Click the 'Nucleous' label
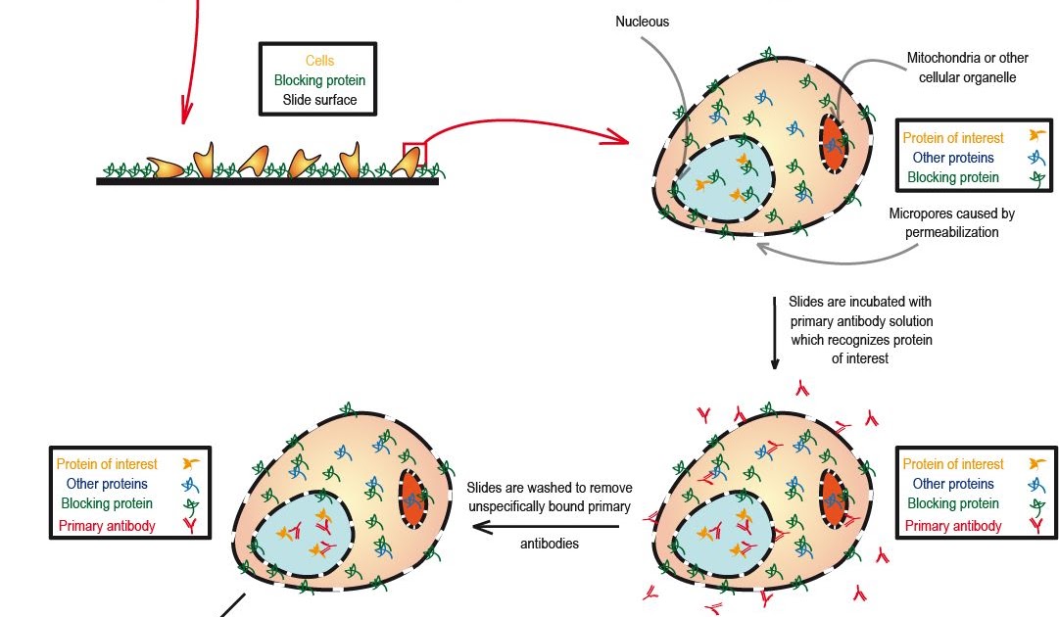click(x=642, y=22)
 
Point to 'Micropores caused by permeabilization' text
click(x=951, y=222)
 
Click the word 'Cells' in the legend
click(x=319, y=61)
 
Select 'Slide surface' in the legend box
click(x=319, y=100)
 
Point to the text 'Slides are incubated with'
click(x=860, y=302)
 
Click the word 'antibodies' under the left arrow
click(x=550, y=544)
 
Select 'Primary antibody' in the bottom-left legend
click(x=107, y=526)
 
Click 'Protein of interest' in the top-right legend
click(x=953, y=138)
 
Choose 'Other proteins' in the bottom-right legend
click(x=953, y=484)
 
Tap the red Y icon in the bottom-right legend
click(x=1035, y=526)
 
